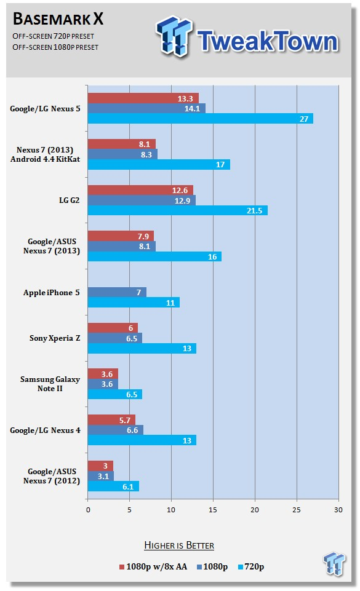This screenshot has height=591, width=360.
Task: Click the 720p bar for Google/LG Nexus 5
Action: click(x=200, y=119)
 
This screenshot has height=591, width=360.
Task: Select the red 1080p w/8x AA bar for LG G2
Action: click(x=140, y=190)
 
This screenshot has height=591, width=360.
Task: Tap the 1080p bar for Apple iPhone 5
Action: click(x=117, y=292)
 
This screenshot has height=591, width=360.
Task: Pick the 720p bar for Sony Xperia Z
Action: click(x=142, y=348)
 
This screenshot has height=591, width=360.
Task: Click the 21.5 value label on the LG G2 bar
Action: click(x=254, y=211)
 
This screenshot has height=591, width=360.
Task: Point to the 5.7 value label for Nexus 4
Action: click(x=125, y=420)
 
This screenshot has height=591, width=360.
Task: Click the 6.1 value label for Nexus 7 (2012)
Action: click(x=128, y=486)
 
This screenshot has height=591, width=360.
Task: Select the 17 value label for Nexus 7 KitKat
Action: click(x=220, y=165)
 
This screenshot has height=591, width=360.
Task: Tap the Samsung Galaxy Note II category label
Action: click(x=50, y=384)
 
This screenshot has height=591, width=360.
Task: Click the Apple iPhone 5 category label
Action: click(x=51, y=293)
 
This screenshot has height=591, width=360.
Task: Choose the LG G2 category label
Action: click(x=70, y=200)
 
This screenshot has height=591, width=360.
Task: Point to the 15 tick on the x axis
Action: click(x=213, y=510)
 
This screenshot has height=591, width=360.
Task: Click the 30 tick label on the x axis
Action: click(x=338, y=510)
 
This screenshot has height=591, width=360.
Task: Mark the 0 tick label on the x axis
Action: click(x=88, y=510)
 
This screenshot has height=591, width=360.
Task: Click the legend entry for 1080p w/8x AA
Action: click(x=153, y=566)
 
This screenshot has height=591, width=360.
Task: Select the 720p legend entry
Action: click(x=251, y=566)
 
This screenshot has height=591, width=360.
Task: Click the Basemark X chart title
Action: click(x=58, y=18)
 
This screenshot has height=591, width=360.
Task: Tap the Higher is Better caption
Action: click(x=179, y=545)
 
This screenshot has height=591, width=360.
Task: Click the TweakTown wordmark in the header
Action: click(x=267, y=41)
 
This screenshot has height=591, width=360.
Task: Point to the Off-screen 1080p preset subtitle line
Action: click(x=55, y=47)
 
